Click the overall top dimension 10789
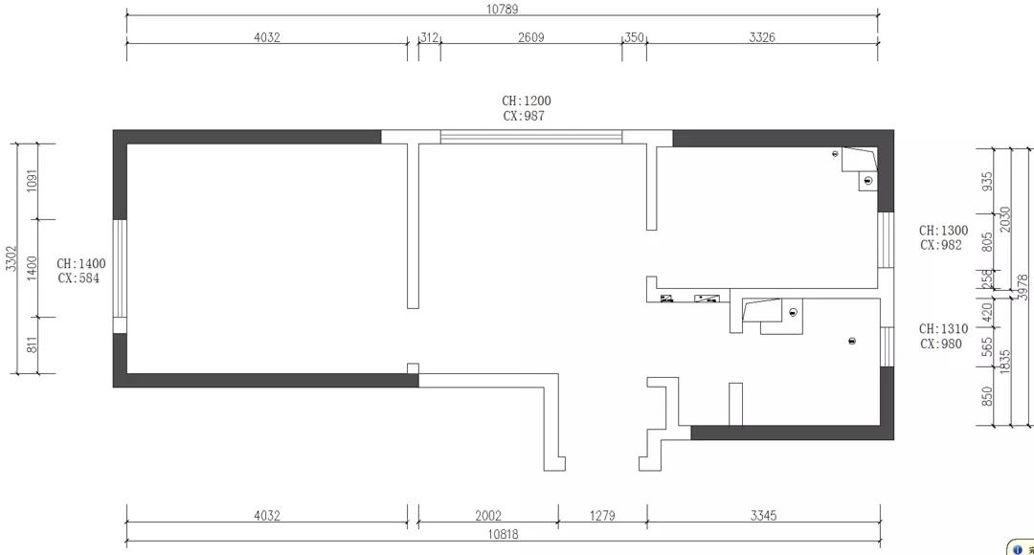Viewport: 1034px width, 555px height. click(503, 10)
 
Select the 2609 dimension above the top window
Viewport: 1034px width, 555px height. click(530, 37)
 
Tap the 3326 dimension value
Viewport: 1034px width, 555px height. click(762, 37)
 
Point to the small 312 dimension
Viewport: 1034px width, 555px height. click(429, 37)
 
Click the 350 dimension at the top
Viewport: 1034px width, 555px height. click(634, 37)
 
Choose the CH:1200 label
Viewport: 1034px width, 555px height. click(527, 100)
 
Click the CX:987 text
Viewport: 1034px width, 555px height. click(524, 116)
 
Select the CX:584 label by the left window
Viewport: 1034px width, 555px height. click(79, 278)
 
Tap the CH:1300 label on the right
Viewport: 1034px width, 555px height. click(944, 231)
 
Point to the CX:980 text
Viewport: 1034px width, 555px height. click(940, 344)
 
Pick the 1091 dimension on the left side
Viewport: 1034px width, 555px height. click(32, 181)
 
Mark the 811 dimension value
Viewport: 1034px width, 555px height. click(32, 344)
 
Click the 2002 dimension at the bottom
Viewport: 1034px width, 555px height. click(488, 516)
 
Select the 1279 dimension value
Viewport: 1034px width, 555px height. click(602, 516)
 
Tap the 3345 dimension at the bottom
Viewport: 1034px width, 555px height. click(763, 516)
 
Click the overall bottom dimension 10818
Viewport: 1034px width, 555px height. click(503, 535)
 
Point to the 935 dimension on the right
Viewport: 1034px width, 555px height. click(987, 181)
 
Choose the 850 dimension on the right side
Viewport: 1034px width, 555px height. click(987, 397)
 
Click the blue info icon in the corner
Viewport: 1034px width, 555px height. click(1017, 549)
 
